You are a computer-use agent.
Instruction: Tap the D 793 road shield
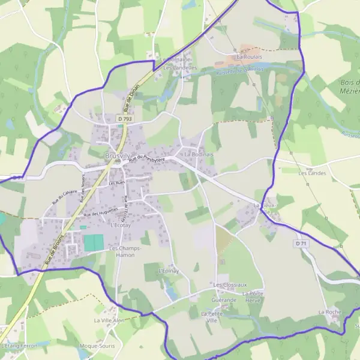pyautogui.click(x=125, y=119)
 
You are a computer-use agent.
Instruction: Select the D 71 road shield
pyautogui.click(x=301, y=244)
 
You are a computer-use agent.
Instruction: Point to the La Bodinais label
pyautogui.click(x=199, y=154)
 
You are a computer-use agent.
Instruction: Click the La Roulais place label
pyautogui.click(x=249, y=57)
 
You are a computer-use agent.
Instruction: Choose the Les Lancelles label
pyautogui.click(x=180, y=68)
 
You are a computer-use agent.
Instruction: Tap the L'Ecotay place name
pyautogui.click(x=121, y=226)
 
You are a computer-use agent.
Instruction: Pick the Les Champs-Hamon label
pyautogui.click(x=125, y=251)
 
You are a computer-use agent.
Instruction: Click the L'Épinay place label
pyautogui.click(x=169, y=271)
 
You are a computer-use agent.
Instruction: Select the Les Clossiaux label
pyautogui.click(x=230, y=284)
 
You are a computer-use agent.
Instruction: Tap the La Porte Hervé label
pyautogui.click(x=253, y=296)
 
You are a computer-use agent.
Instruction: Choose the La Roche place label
pyautogui.click(x=329, y=312)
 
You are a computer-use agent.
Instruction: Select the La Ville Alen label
pyautogui.click(x=109, y=320)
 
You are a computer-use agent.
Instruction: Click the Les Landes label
pyautogui.click(x=311, y=172)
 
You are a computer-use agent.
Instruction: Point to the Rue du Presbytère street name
pyautogui.click(x=151, y=158)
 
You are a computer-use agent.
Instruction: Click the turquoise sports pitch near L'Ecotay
pyautogui.click(x=94, y=243)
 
